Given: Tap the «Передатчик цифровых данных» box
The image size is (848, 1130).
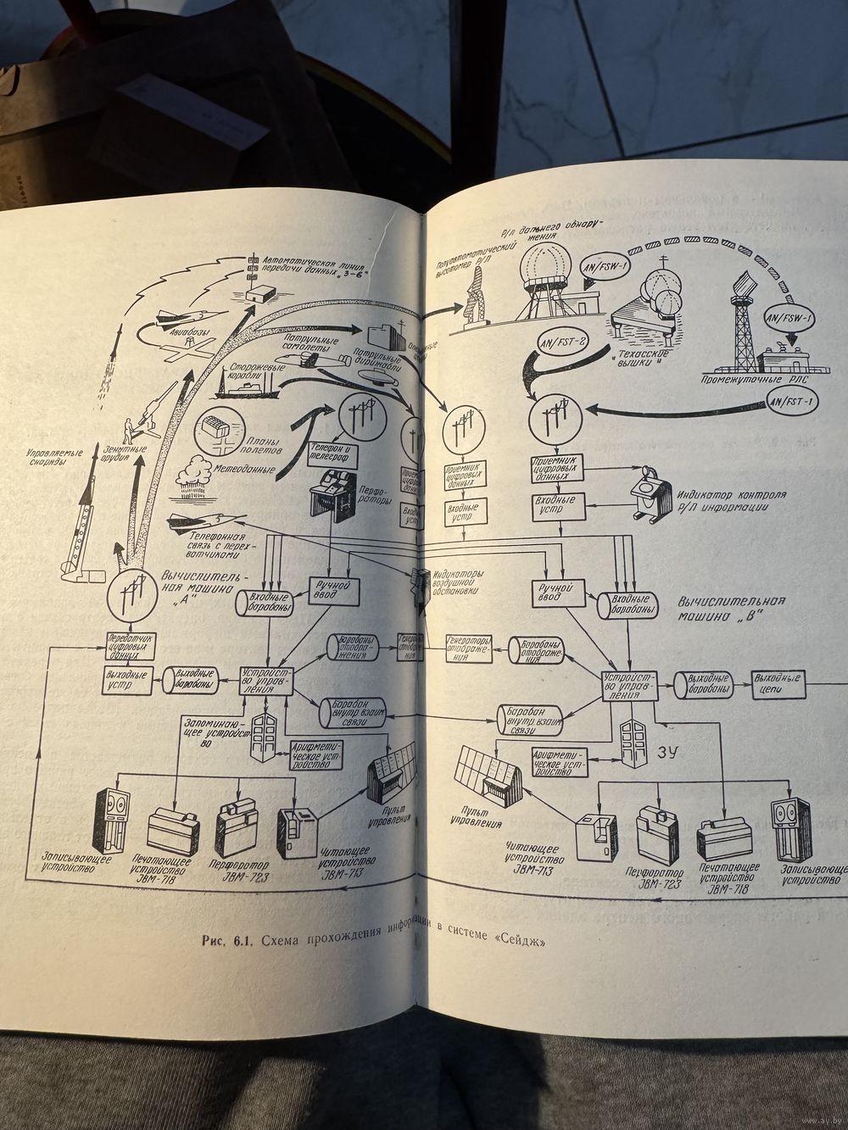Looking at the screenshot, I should [x=131, y=644].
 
